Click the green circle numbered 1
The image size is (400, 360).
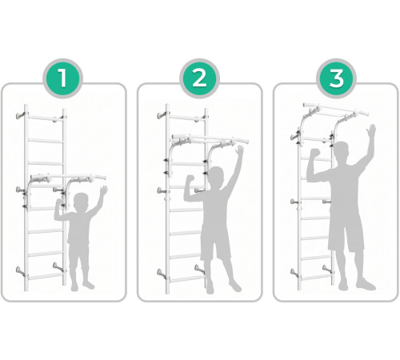63,78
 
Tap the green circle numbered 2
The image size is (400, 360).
199,78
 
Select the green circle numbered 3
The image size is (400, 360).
336,78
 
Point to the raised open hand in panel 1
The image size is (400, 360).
103,191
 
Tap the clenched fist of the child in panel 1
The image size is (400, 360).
58,203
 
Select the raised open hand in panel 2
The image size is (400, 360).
239,152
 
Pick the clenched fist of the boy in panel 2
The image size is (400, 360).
190,180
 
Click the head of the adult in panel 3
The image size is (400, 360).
341,154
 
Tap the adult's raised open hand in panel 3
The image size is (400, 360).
370,133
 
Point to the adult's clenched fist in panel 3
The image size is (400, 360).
315,153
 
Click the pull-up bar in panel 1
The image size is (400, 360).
68,177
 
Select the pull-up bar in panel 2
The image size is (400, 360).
210,138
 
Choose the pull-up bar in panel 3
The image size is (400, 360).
336,109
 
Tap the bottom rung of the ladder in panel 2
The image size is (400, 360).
186,279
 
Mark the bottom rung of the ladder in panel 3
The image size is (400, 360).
317,278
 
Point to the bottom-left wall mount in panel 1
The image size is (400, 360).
20,270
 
